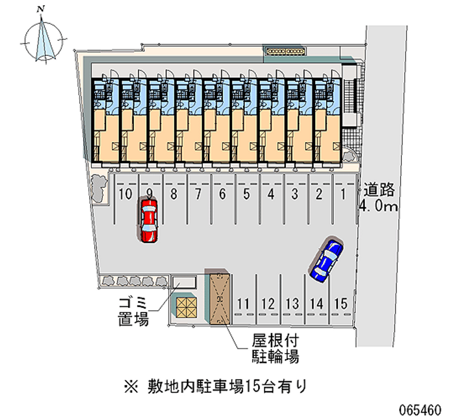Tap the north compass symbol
(43, 40)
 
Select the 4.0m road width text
(379, 206)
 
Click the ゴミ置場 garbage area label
(133, 311)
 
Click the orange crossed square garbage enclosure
(187, 307)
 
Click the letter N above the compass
(40, 9)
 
